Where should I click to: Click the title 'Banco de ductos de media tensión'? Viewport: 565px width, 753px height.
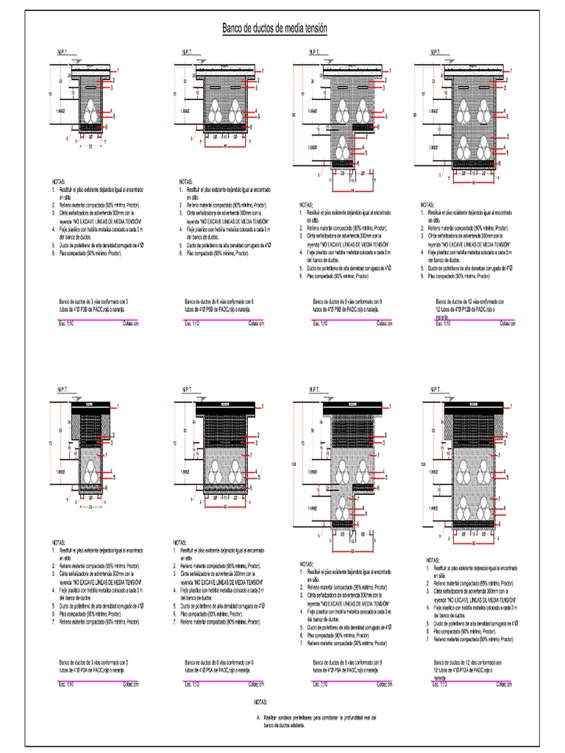(274, 28)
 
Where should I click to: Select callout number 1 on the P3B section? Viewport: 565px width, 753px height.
(116, 70)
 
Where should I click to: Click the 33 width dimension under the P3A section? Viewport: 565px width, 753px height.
(88, 507)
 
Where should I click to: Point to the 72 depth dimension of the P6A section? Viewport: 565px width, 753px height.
(174, 443)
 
